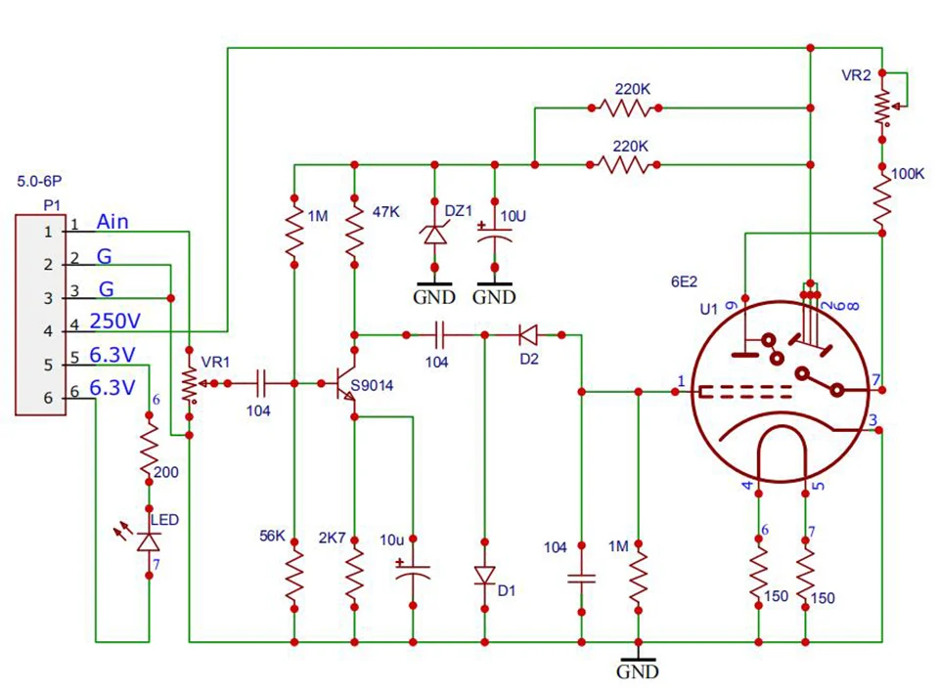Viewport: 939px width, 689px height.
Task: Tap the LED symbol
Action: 149,540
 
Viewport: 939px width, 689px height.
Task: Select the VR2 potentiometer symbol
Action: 884,108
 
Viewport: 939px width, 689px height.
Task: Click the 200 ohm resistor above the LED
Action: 149,451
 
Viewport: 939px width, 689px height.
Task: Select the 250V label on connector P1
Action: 112,321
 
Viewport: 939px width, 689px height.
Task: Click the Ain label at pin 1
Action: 112,222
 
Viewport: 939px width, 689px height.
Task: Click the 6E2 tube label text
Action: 684,281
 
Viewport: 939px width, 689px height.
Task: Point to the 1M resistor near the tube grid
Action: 638,577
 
